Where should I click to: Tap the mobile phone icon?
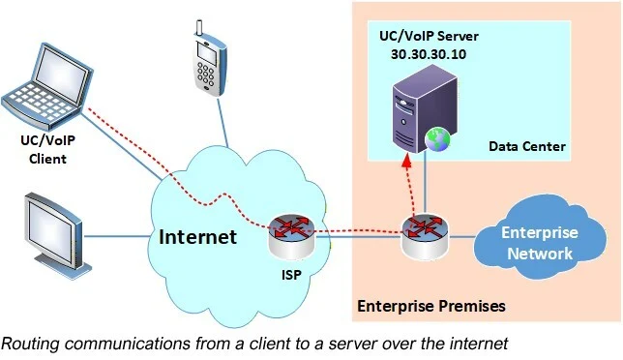point(205,58)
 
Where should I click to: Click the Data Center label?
point(526,146)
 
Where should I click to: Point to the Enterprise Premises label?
point(431,306)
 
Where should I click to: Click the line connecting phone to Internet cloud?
point(219,115)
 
